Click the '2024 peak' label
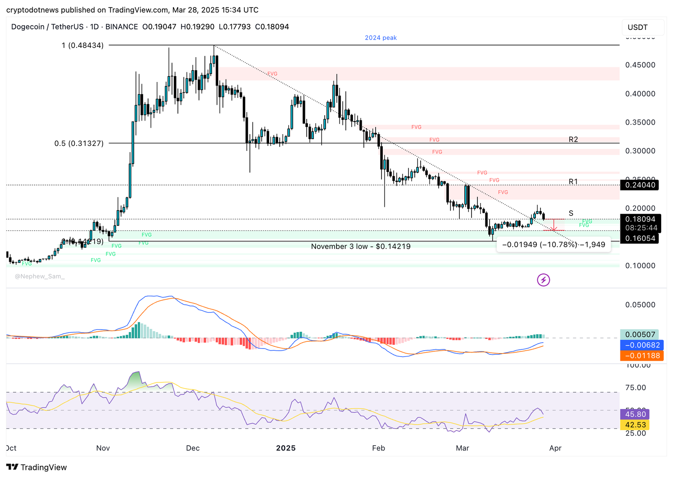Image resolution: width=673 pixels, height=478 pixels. click(381, 38)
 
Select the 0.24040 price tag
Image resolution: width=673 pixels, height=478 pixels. click(640, 185)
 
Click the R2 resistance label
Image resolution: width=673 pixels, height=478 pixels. click(573, 140)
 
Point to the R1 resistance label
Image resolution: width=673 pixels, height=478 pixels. click(573, 182)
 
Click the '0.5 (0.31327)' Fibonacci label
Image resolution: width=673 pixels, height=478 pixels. click(79, 143)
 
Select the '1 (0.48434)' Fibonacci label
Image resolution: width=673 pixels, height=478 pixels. click(82, 45)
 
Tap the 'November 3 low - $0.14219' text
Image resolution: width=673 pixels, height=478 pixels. click(360, 246)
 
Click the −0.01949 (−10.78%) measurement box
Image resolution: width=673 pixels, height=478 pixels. click(553, 245)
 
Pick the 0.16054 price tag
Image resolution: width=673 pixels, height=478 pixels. click(640, 238)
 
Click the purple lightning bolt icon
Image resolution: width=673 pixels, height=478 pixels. click(543, 280)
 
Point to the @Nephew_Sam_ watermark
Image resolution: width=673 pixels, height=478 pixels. click(40, 276)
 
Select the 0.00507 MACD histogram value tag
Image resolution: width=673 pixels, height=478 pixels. click(640, 335)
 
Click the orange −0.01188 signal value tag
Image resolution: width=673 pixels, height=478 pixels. click(642, 356)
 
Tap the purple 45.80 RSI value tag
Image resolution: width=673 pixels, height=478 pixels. click(635, 415)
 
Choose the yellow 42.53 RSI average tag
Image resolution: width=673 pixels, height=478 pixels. click(635, 425)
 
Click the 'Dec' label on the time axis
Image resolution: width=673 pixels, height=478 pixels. click(193, 448)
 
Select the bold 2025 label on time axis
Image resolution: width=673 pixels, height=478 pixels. click(286, 448)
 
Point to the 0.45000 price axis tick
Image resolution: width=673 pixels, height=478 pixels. click(640, 65)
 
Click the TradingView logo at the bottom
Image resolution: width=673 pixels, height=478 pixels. click(37, 467)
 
